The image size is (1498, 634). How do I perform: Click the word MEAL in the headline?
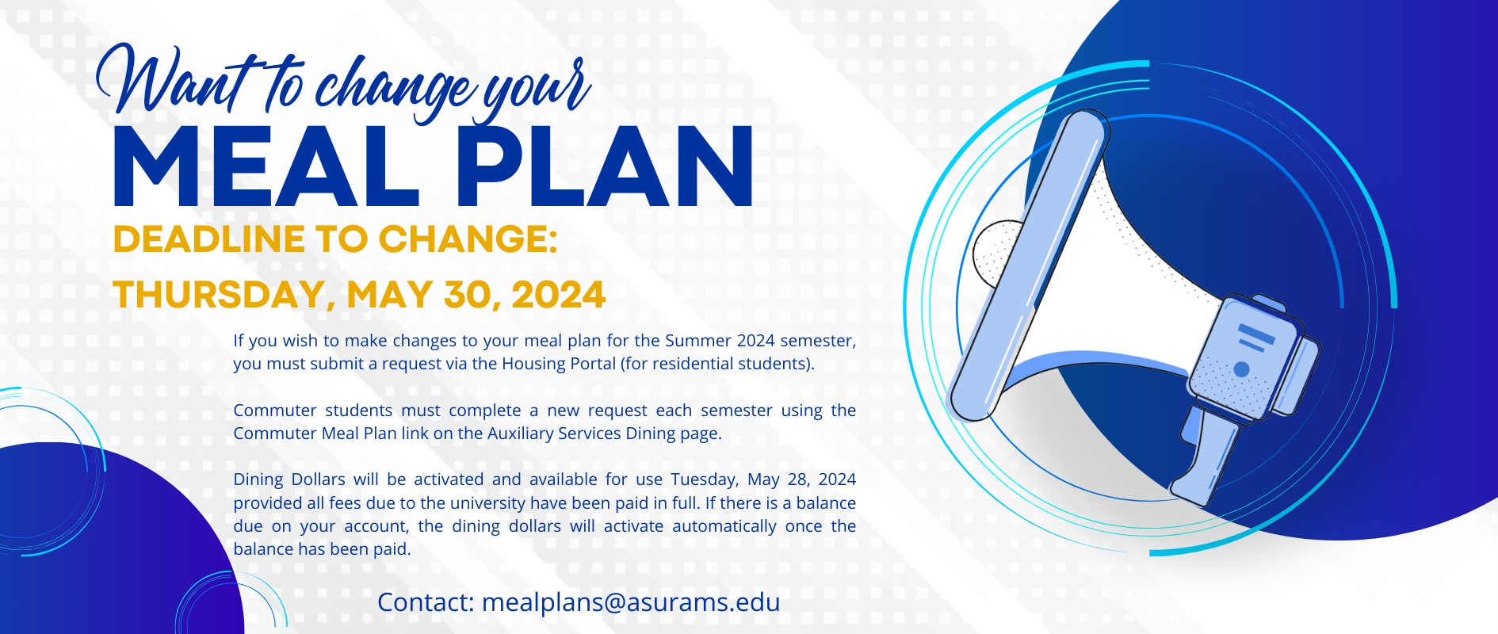click(266, 167)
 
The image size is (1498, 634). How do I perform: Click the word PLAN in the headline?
click(604, 167)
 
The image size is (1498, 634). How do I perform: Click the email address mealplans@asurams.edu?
click(631, 602)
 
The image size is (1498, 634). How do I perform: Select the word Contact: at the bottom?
click(426, 602)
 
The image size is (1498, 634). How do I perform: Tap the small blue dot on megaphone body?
click(1242, 369)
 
